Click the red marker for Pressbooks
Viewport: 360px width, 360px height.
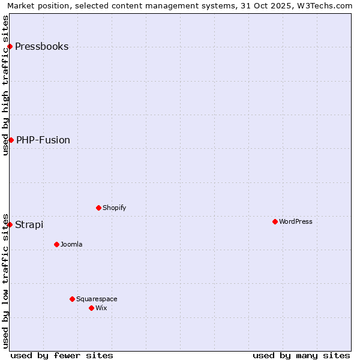pyautogui.click(x=10, y=47)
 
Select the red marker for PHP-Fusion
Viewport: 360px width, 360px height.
pyautogui.click(x=11, y=140)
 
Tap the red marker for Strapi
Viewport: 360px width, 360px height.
pyautogui.click(x=10, y=224)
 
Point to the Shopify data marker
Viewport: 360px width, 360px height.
pyautogui.click(x=98, y=208)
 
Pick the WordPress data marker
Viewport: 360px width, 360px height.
pyautogui.click(x=275, y=221)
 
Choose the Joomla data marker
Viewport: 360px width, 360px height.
pyautogui.click(x=56, y=244)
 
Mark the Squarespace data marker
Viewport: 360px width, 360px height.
pyautogui.click(x=72, y=299)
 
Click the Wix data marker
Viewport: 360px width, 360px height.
pyautogui.click(x=91, y=308)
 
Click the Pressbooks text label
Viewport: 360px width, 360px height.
pyautogui.click(x=41, y=47)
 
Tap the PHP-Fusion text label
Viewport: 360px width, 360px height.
pyautogui.click(x=43, y=140)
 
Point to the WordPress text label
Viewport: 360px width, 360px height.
pyautogui.click(x=296, y=221)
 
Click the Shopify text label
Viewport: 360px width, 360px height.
pyautogui.click(x=114, y=208)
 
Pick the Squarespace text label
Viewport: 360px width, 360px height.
pyautogui.click(x=97, y=299)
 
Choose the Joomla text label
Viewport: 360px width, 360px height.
pyautogui.click(x=71, y=244)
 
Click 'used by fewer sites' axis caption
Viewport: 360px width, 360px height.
pyautogui.click(x=62, y=355)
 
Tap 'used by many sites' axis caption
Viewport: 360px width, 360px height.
pyautogui.click(x=301, y=355)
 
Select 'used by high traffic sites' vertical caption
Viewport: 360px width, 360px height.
pyautogui.click(x=5, y=85)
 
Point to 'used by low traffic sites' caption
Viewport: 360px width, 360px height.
pyautogui.click(x=5, y=281)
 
